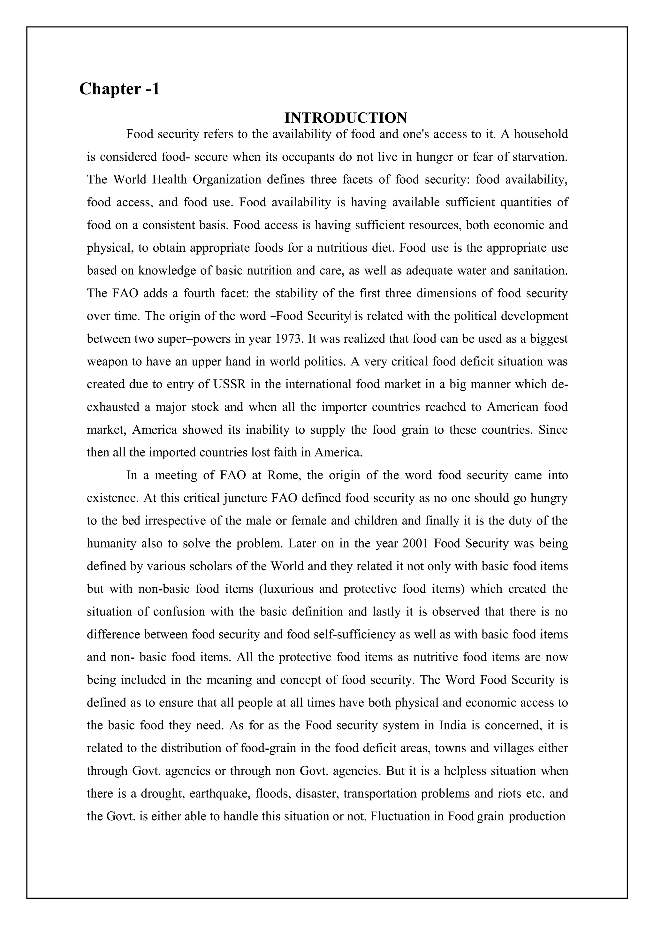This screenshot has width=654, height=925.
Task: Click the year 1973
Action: pos(289,339)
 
